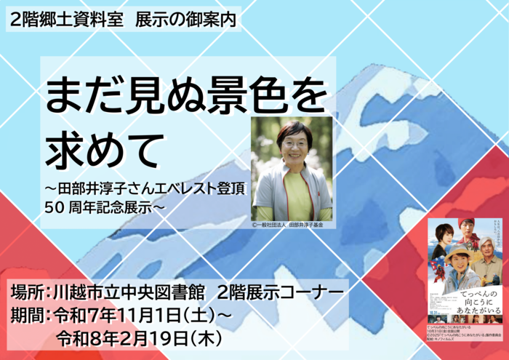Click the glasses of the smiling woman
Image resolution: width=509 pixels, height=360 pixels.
[x=293, y=143]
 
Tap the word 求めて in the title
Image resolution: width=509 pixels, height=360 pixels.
[x=103, y=149]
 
